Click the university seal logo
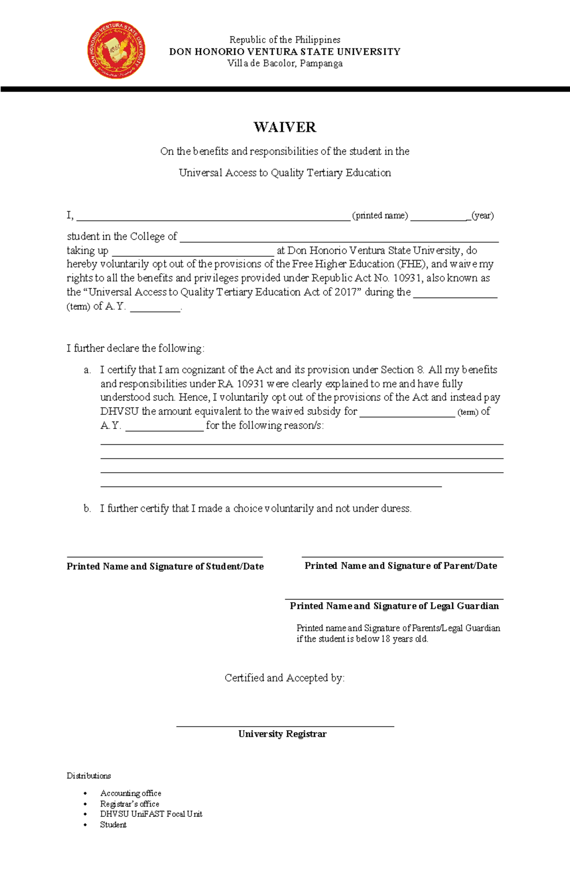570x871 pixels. click(116, 50)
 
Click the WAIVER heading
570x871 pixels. click(285, 127)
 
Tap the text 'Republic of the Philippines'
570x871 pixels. click(285, 39)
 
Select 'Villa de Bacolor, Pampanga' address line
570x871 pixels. click(285, 63)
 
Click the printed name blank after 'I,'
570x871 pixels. click(213, 216)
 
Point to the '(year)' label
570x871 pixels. click(483, 215)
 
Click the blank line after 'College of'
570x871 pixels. click(339, 237)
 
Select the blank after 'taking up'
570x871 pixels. click(193, 252)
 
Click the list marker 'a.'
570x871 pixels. click(87, 370)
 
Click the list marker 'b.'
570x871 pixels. click(87, 508)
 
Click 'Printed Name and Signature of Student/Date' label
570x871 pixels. click(165, 566)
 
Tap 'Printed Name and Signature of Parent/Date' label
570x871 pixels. click(400, 566)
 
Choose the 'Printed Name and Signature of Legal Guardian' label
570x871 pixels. click(394, 606)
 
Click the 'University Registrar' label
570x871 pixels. click(282, 734)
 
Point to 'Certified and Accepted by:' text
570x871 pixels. click(285, 678)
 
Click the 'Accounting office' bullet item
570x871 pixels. click(131, 793)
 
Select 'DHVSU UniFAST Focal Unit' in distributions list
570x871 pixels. click(151, 814)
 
